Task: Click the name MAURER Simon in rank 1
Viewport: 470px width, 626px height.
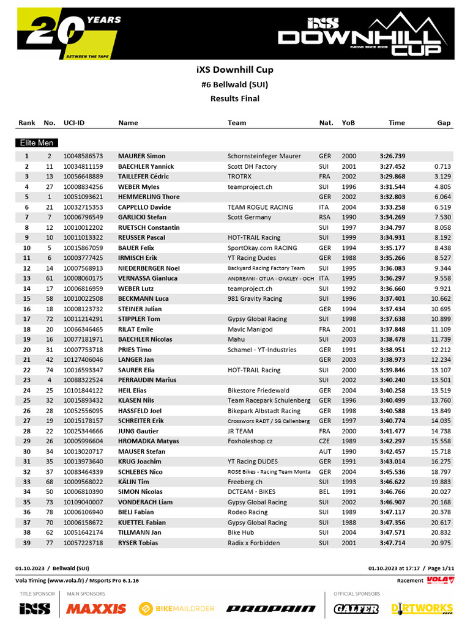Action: pyautogui.click(x=141, y=156)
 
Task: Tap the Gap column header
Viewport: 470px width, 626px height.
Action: pyautogui.click(x=444, y=123)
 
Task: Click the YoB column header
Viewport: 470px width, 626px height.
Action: pyautogui.click(x=348, y=123)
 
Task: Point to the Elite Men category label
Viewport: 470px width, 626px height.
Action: pyautogui.click(x=37, y=143)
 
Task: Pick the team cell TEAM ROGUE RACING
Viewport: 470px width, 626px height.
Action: pyautogui.click(x=260, y=207)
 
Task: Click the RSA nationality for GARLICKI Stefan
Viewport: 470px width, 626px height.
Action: pyautogui.click(x=325, y=217)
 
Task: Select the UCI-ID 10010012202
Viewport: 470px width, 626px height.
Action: pyautogui.click(x=83, y=227)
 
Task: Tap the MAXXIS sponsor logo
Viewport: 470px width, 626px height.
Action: pyautogui.click(x=96, y=608)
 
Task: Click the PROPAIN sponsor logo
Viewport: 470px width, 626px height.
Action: pyautogui.click(x=270, y=608)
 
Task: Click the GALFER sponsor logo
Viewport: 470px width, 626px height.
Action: pyautogui.click(x=356, y=608)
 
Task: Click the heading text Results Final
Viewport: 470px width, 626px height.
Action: pyautogui.click(x=235, y=98)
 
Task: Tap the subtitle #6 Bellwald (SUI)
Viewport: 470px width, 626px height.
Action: pyautogui.click(x=235, y=84)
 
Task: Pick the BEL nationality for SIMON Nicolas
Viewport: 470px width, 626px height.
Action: pyautogui.click(x=325, y=492)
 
